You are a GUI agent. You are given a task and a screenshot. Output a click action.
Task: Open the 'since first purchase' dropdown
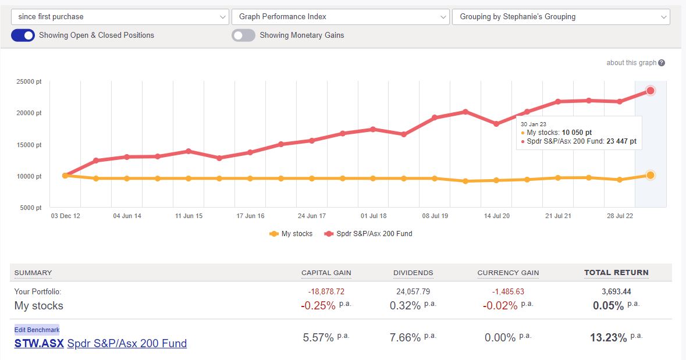click(119, 17)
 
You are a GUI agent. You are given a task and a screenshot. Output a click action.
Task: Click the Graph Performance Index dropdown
click(340, 17)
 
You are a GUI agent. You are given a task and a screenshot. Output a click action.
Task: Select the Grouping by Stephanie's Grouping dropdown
click(561, 17)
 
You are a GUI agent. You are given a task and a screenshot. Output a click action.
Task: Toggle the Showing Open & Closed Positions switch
click(23, 35)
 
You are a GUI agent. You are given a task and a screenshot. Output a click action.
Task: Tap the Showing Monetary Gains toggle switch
click(243, 35)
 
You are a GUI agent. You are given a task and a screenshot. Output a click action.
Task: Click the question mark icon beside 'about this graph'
click(662, 63)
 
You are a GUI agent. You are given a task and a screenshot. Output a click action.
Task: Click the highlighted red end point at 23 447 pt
click(651, 91)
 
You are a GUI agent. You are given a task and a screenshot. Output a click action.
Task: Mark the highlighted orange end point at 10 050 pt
click(651, 175)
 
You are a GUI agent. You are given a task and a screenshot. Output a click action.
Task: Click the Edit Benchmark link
click(37, 330)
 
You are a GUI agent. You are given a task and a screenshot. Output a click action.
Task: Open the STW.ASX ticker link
click(39, 343)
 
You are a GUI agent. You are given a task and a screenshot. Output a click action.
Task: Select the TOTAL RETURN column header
click(616, 272)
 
